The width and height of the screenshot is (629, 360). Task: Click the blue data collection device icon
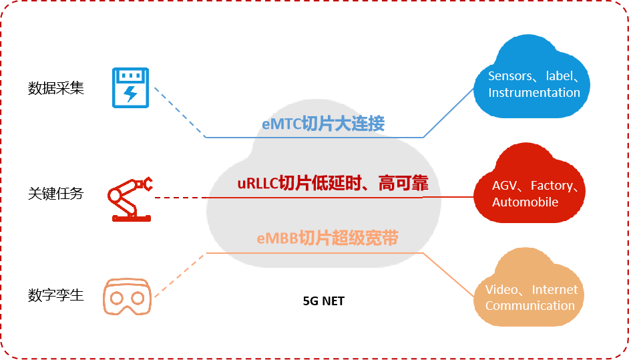click(131, 87)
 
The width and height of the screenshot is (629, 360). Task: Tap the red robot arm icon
click(130, 197)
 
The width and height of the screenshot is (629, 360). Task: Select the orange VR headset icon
click(128, 296)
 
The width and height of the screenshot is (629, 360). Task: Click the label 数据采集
click(56, 88)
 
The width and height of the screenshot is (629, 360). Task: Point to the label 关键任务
click(56, 194)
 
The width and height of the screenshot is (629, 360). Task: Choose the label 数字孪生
click(56, 295)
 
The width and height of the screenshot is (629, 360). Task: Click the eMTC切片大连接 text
click(323, 124)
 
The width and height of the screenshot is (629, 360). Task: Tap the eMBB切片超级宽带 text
click(327, 238)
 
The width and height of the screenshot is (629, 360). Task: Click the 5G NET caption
click(324, 301)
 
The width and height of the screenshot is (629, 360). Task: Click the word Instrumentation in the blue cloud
click(534, 93)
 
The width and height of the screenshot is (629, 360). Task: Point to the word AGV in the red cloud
click(504, 186)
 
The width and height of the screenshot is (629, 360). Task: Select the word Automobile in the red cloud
click(525, 202)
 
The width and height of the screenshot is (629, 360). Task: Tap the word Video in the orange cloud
click(501, 290)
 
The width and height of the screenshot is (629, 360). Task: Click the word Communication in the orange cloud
click(530, 306)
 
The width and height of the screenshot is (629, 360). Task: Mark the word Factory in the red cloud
click(552, 186)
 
